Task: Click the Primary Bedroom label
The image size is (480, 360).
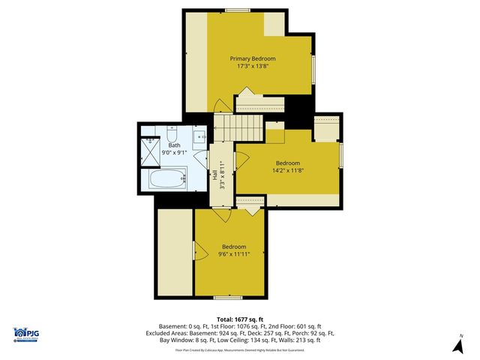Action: coord(253,58)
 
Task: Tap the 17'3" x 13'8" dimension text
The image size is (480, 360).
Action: coord(253,66)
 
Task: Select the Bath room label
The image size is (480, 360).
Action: coord(174,145)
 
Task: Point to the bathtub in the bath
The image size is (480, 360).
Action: coord(167,180)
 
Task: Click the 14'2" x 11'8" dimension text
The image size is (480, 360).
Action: coord(288,170)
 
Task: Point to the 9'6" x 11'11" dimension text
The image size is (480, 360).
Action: coord(233,253)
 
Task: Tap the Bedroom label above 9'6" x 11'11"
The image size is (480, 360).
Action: coord(233,246)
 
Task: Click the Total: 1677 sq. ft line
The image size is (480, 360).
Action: coord(240,318)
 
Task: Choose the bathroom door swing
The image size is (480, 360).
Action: coord(199,160)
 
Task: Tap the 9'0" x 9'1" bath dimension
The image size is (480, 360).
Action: coord(174,152)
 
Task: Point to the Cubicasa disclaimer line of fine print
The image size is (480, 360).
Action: coord(240,349)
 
